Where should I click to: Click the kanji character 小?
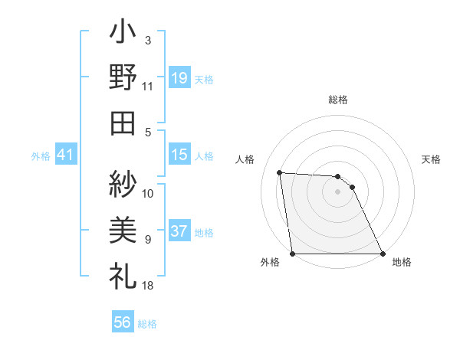pyautogui.click(x=123, y=35)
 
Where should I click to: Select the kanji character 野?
pyautogui.click(x=123, y=77)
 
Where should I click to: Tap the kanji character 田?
pyautogui.click(x=123, y=122)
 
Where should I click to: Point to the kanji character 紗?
pyautogui.click(x=123, y=184)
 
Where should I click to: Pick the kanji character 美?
pyautogui.click(x=123, y=228)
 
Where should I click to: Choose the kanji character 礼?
pyautogui.click(x=123, y=273)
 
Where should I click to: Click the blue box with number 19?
pyautogui.click(x=179, y=77)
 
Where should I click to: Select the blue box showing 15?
pyautogui.click(x=179, y=155)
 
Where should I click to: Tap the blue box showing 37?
pyautogui.click(x=179, y=231)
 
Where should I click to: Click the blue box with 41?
pyautogui.click(x=65, y=155)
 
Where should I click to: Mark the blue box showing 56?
pyautogui.click(x=122, y=322)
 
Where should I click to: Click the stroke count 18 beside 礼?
pyautogui.click(x=148, y=286)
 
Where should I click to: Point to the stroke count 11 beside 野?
pyautogui.click(x=148, y=87)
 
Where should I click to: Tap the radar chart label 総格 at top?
pyautogui.click(x=338, y=100)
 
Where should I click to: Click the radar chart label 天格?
pyautogui.click(x=431, y=159)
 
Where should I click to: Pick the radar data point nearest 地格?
pyautogui.click(x=383, y=254)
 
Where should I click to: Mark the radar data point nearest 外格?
pyautogui.click(x=293, y=254)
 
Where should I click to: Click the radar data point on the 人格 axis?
pyautogui.click(x=280, y=173)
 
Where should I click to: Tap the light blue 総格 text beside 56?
pyautogui.click(x=147, y=324)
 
